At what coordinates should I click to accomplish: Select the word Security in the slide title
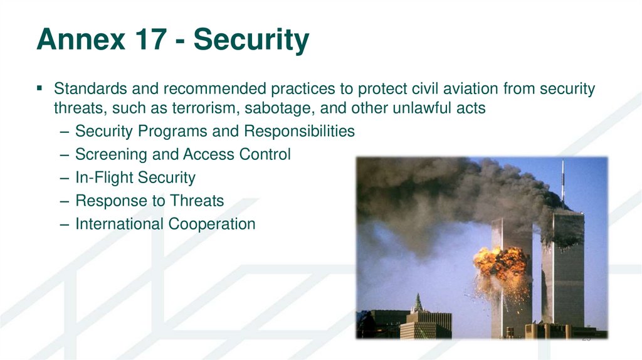251,41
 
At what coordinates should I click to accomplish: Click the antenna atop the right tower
562,182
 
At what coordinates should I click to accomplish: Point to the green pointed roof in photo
417,304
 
